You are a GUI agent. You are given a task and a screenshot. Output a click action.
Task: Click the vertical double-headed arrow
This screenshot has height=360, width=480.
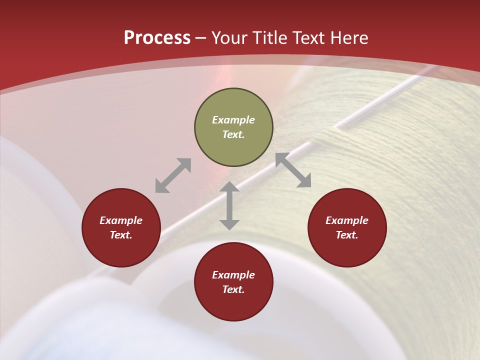point(229,205)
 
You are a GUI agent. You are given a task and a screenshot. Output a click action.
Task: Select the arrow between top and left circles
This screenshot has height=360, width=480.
point(173,175)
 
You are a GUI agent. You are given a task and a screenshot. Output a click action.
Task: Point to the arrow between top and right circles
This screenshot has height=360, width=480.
point(293,170)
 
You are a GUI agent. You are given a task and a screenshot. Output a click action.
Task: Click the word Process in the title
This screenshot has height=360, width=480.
point(157,38)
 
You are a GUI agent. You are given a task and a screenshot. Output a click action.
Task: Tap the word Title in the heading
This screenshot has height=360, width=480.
point(271,38)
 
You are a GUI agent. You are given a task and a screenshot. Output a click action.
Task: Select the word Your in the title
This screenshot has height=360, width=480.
point(230,38)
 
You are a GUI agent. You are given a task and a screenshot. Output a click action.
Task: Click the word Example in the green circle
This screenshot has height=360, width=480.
point(233,120)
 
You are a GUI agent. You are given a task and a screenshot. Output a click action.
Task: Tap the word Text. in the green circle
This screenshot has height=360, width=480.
point(233,134)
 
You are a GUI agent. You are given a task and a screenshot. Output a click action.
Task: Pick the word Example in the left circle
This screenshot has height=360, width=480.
point(121,220)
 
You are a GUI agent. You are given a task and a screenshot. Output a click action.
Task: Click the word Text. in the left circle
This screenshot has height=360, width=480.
point(121,235)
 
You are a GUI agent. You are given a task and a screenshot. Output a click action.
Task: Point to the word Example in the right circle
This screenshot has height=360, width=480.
point(347,220)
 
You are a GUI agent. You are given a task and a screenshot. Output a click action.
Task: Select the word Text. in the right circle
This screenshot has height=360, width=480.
point(347,235)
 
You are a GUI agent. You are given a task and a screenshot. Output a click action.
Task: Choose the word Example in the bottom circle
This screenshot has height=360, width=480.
point(233,275)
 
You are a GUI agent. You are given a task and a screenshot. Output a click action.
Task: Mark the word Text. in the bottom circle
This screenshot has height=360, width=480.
point(233,289)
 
